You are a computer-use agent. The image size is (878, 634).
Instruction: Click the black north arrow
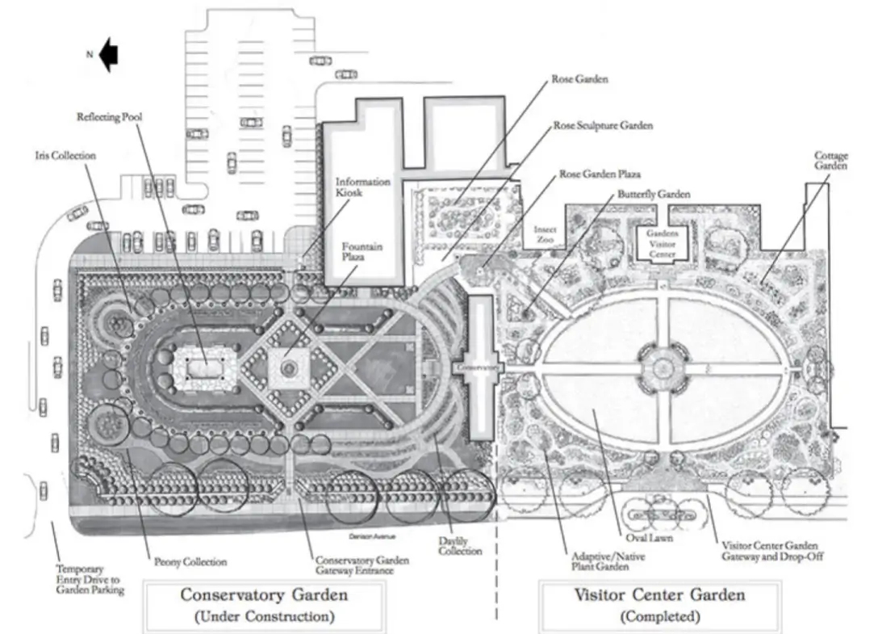coord(109,55)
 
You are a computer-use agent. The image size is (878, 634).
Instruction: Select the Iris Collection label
coord(65,155)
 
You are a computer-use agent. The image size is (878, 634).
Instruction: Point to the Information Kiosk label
coord(362,187)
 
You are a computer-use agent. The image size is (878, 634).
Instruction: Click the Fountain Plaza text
coord(362,251)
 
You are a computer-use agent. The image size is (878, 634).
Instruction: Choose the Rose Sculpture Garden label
coord(603,126)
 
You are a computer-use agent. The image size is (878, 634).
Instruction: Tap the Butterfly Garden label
coord(654,195)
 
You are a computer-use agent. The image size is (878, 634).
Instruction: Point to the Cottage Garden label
coord(830,160)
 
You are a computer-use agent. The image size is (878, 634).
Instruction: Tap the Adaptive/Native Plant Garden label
coord(596,561)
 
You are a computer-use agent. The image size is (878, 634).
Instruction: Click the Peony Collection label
coord(190,561)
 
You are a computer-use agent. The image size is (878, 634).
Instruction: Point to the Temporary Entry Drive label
coord(88,578)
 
